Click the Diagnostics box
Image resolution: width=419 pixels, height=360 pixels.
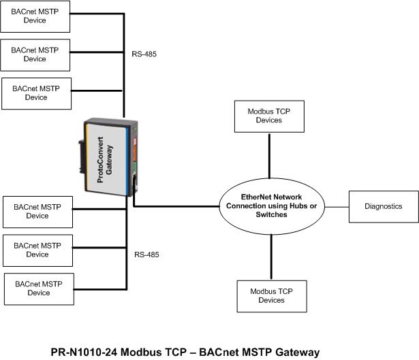(384, 206)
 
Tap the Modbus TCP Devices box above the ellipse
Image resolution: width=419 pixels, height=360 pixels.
(266, 116)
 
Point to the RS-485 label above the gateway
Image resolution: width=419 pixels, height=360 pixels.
(145, 53)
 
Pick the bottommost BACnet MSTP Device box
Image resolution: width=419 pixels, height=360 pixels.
(39, 288)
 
